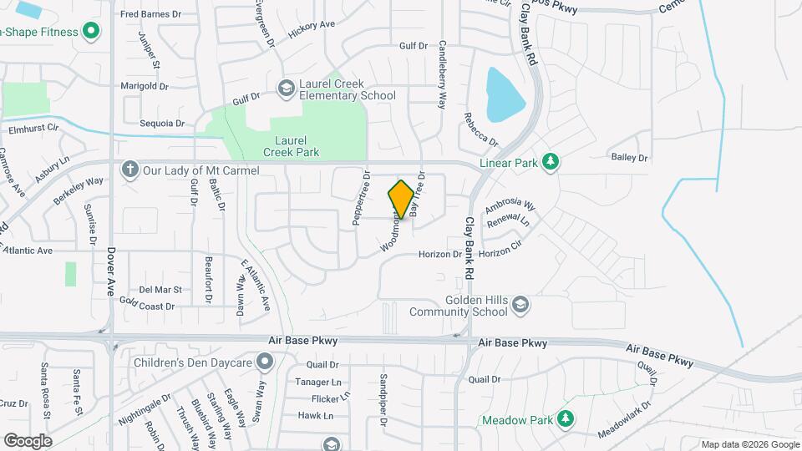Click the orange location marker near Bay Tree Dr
(401, 200)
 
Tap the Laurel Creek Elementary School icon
(286, 88)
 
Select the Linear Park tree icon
(550, 161)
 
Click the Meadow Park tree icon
(566, 418)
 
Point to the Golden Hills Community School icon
(520, 303)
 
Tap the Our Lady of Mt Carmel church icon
(129, 170)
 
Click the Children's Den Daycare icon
(266, 362)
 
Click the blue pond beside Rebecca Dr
(505, 94)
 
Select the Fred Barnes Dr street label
(150, 14)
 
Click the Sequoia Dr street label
(162, 123)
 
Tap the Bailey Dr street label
(630, 157)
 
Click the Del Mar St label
(160, 289)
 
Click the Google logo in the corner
(28, 440)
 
